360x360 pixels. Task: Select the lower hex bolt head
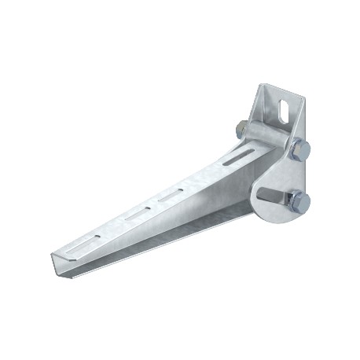pyautogui.click(x=301, y=201)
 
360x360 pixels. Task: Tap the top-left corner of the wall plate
pyautogui.click(x=261, y=87)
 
